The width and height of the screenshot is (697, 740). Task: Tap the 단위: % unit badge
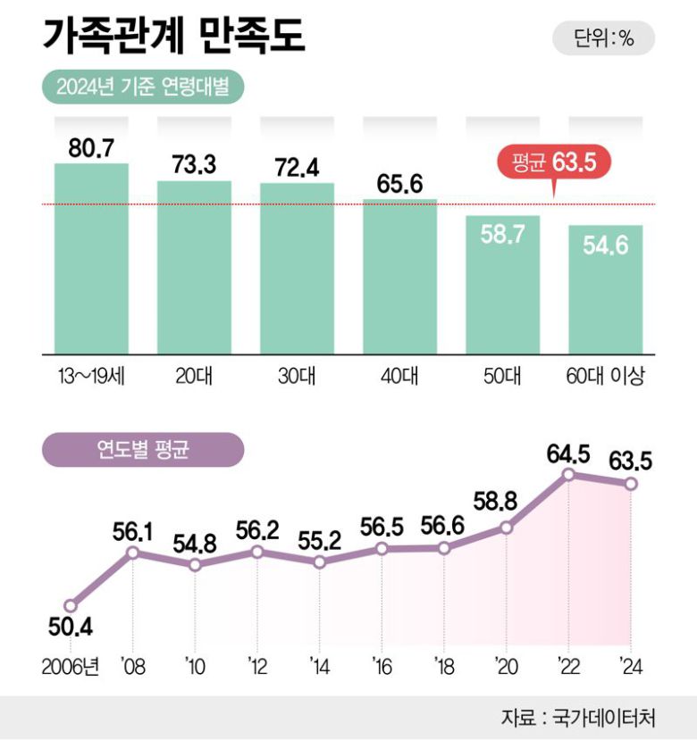click(603, 38)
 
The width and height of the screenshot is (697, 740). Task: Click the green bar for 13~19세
click(91, 259)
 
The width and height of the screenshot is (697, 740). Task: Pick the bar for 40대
click(399, 277)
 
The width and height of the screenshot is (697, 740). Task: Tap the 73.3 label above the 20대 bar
click(194, 165)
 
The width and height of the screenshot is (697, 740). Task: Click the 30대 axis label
click(297, 376)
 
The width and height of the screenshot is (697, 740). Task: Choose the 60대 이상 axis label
click(605, 376)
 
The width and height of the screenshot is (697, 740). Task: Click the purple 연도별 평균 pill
click(142, 450)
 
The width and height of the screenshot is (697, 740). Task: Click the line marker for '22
click(568, 475)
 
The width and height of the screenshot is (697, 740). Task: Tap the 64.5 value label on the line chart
click(568, 453)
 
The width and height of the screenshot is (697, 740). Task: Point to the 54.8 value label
click(195, 543)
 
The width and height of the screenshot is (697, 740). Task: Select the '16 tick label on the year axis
click(382, 666)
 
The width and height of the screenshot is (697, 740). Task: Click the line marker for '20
click(506, 528)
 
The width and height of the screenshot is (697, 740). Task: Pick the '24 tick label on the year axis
click(631, 666)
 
